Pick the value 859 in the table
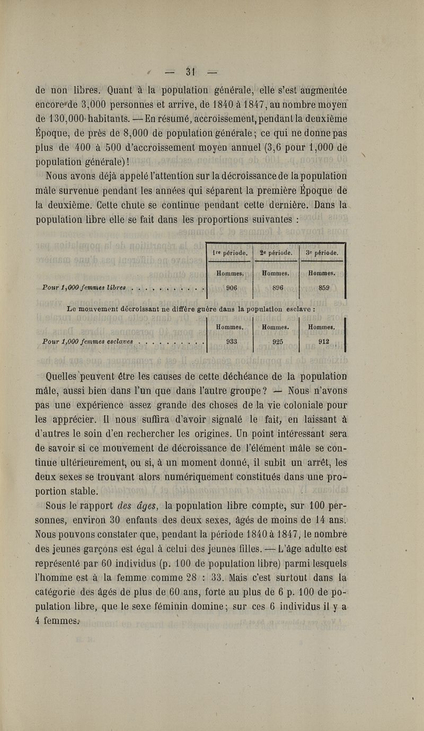[x=323, y=288]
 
